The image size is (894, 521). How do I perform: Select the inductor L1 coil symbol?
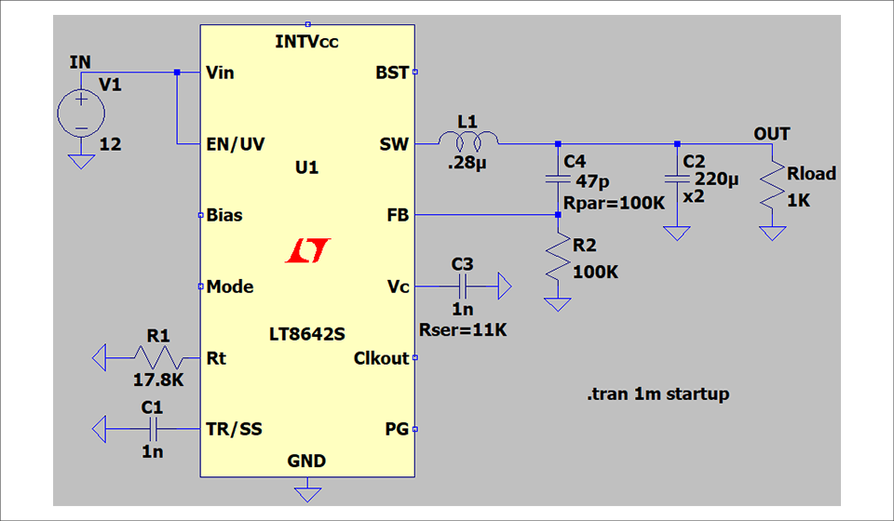tap(468, 142)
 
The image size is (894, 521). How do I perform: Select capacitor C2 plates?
tap(677, 178)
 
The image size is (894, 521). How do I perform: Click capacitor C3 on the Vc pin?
tap(463, 287)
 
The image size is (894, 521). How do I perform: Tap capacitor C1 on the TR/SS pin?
tap(156, 429)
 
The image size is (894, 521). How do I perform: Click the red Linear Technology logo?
tap(308, 249)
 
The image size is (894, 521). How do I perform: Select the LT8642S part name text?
tap(306, 332)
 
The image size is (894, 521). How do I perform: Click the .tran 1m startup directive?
tap(658, 394)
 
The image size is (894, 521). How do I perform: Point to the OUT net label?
tap(771, 134)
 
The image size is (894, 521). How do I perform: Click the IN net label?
tap(81, 62)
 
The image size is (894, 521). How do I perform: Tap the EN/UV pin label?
tap(235, 144)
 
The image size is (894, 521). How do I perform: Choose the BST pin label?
tap(391, 73)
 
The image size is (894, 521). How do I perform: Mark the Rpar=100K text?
tap(614, 202)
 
